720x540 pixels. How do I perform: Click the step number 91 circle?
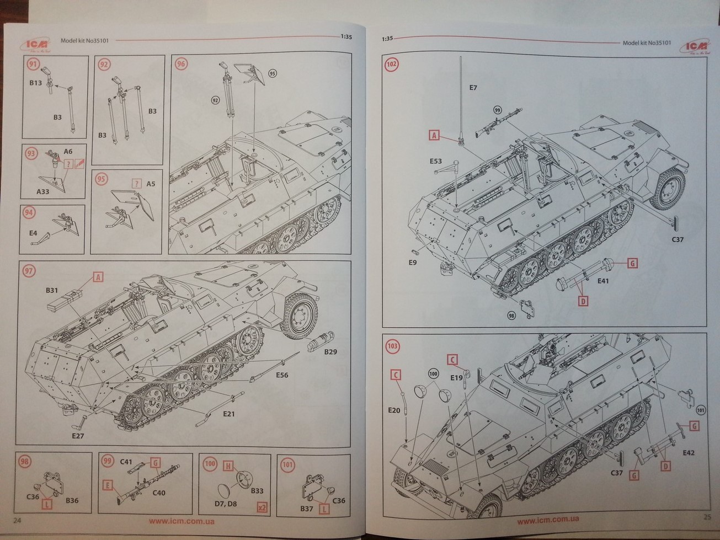pyautogui.click(x=33, y=64)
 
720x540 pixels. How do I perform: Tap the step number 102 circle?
pyautogui.click(x=391, y=64)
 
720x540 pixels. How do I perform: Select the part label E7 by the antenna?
pyautogui.click(x=473, y=88)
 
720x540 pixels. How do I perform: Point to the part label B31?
pyautogui.click(x=52, y=290)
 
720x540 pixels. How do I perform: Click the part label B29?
pyautogui.click(x=330, y=352)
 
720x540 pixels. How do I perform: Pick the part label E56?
pyautogui.click(x=282, y=375)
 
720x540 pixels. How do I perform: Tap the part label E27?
pyautogui.click(x=77, y=436)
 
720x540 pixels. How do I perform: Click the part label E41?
pyautogui.click(x=603, y=281)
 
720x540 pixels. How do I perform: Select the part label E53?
pyautogui.click(x=436, y=161)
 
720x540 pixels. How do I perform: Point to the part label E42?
pyautogui.click(x=689, y=453)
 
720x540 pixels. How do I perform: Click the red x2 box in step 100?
pyautogui.click(x=262, y=507)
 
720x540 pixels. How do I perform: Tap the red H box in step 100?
pyautogui.click(x=227, y=466)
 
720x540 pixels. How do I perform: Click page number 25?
pyautogui.click(x=707, y=517)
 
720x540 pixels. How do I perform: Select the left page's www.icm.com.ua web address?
pyautogui.click(x=182, y=521)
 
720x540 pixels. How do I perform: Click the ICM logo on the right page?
pyautogui.click(x=695, y=46)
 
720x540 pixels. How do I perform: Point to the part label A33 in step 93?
pyautogui.click(x=42, y=191)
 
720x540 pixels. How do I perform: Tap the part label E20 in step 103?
pyautogui.click(x=394, y=410)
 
